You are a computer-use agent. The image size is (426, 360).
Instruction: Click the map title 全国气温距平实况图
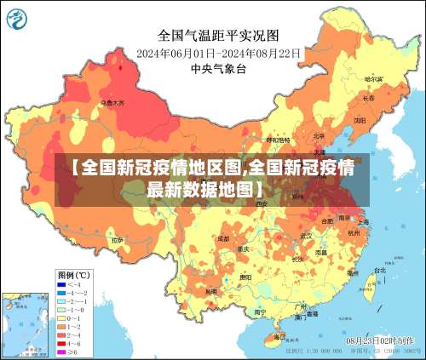coord(218,36)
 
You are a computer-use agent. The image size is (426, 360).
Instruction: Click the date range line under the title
coord(218,53)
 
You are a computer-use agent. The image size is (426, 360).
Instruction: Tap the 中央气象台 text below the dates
coord(218,68)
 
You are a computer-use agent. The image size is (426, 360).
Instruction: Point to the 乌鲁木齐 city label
coord(112,103)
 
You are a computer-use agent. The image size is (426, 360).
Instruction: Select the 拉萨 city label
coord(117,241)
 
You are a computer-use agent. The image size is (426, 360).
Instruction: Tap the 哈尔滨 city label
coord(373,79)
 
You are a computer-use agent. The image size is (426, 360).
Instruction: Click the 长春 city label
coord(368,99)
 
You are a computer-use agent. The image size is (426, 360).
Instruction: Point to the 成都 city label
coord(223,239)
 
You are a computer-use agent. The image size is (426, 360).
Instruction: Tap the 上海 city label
coord(362,221)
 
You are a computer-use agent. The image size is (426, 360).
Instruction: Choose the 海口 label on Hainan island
coord(279,336)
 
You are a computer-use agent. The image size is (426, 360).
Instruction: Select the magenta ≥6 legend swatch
coord(62,350)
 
